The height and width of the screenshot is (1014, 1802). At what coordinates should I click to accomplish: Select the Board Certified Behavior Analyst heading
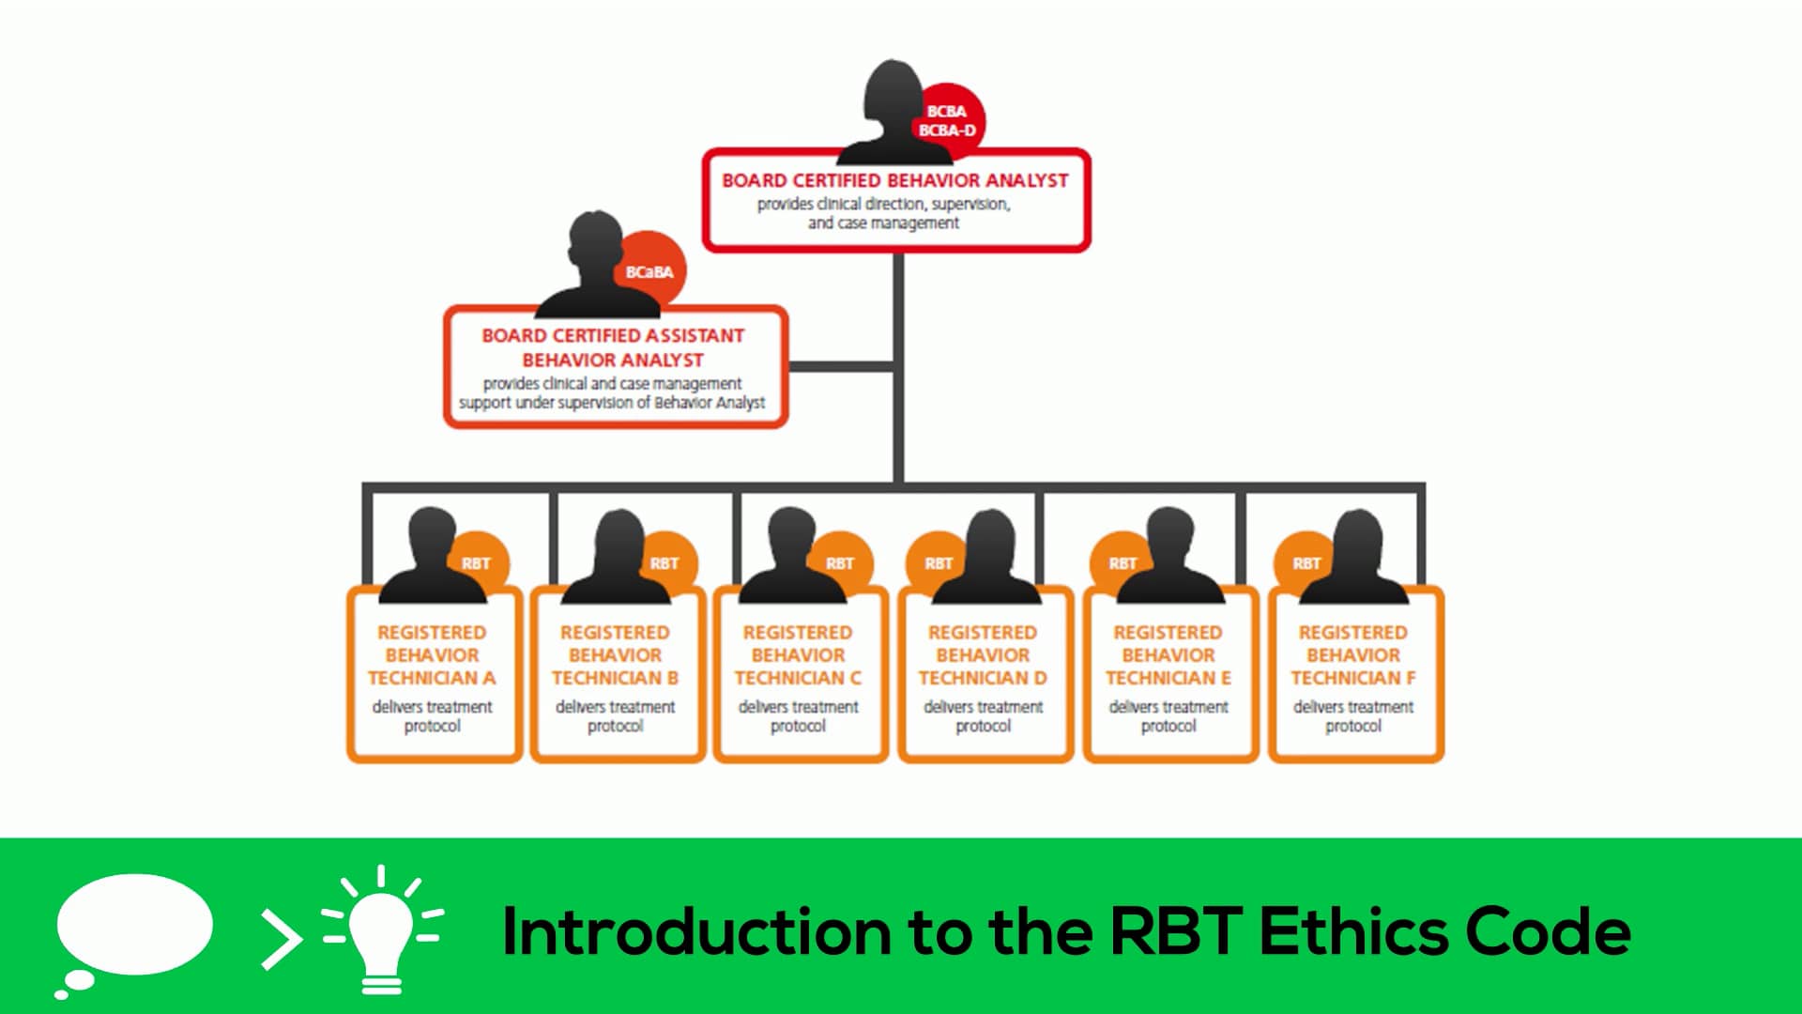tap(894, 180)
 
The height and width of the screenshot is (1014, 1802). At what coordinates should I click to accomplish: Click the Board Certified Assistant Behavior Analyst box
tap(615, 368)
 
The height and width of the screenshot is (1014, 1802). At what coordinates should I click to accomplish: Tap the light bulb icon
tap(381, 929)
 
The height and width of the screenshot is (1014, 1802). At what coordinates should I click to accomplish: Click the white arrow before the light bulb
tap(281, 937)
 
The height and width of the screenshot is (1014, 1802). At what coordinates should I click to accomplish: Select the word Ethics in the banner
tap(1352, 931)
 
